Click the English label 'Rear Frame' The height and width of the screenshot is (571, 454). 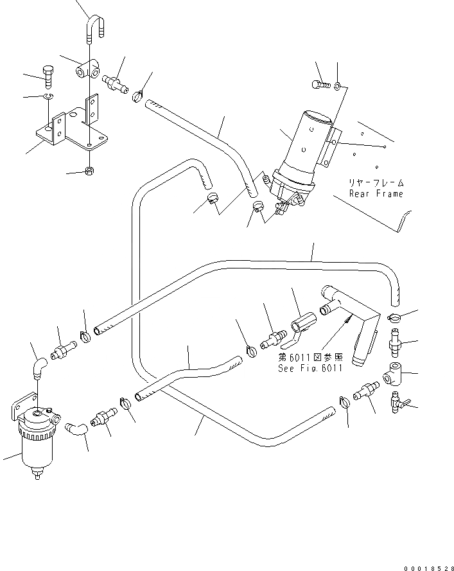pos(376,193)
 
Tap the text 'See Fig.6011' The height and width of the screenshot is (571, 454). pos(310,368)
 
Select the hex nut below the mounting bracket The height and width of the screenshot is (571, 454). pos(89,171)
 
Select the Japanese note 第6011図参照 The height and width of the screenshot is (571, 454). pos(310,356)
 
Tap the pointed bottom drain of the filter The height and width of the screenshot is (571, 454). pos(37,477)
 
